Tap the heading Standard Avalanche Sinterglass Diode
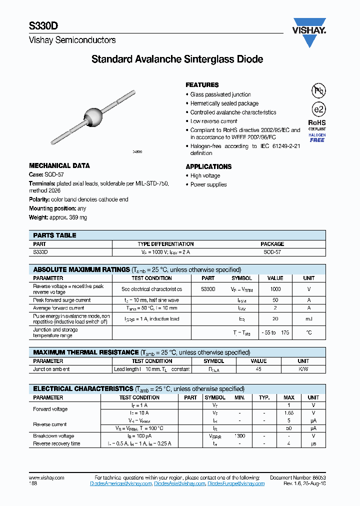click(x=177, y=59)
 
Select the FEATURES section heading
click(x=202, y=85)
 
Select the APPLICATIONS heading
click(x=208, y=166)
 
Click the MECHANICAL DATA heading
click(x=59, y=166)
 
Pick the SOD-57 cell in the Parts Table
click(x=272, y=252)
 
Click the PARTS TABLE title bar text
click(x=54, y=235)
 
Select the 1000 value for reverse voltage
click(x=275, y=289)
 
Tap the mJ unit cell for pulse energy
click(x=308, y=319)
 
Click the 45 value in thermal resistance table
click(x=258, y=369)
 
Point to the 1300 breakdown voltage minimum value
click(x=239, y=436)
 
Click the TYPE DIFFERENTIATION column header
click(x=165, y=244)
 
